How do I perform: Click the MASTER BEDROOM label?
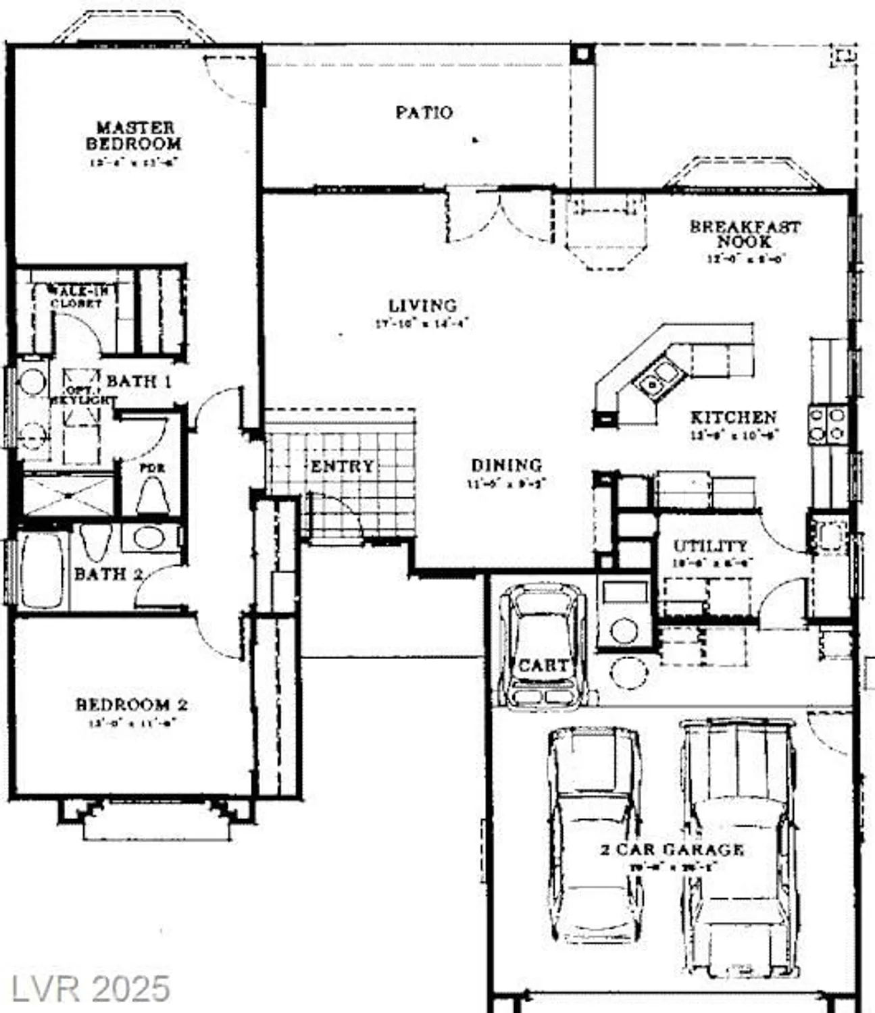coord(133,136)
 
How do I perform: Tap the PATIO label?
coord(424,112)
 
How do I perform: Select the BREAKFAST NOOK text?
coord(745,234)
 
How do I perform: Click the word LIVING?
coord(422,305)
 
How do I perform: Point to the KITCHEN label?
coord(733,417)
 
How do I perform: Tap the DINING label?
coord(506,465)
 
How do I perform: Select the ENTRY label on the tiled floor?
coord(342,466)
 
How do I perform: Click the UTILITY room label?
coord(710,546)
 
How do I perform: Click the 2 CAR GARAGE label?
coord(672,850)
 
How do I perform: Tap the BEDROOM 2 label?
coord(131,704)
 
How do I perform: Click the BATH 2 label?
coord(108,574)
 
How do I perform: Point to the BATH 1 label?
coord(139,381)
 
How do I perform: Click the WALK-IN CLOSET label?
coord(76,297)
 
